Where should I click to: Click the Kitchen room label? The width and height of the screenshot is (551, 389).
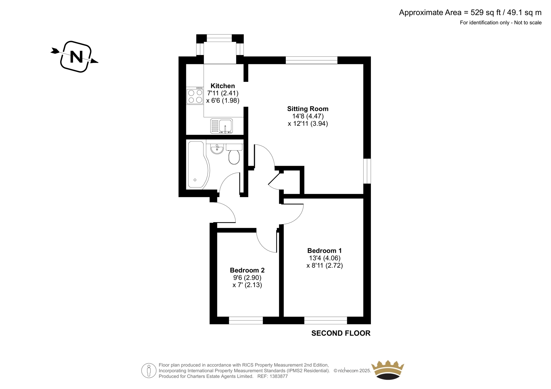click(222, 86)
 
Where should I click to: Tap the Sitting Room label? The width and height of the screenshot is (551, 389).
click(308, 109)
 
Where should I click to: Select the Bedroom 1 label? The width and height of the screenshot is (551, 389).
click(324, 251)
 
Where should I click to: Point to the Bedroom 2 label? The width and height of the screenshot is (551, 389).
click(247, 270)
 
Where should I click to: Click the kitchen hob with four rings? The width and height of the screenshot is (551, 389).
click(195, 96)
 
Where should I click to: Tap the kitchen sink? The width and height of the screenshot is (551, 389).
click(221, 126)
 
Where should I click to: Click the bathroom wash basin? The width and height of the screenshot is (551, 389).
click(217, 149)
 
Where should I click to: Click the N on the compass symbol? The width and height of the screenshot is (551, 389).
click(76, 57)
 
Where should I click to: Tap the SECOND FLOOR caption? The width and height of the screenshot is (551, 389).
click(341, 333)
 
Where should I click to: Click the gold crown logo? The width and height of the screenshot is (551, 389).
click(388, 370)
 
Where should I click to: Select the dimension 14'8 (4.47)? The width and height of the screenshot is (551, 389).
click(308, 116)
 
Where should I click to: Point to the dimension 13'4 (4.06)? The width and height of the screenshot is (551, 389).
click(325, 258)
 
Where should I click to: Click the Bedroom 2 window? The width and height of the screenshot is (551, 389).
click(246, 321)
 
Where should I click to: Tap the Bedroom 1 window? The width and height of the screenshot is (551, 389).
click(326, 321)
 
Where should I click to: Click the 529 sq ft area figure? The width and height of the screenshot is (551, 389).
click(486, 12)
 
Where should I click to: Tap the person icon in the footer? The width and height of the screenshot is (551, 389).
click(148, 370)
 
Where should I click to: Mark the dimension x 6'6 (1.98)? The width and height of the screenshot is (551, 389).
click(222, 100)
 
